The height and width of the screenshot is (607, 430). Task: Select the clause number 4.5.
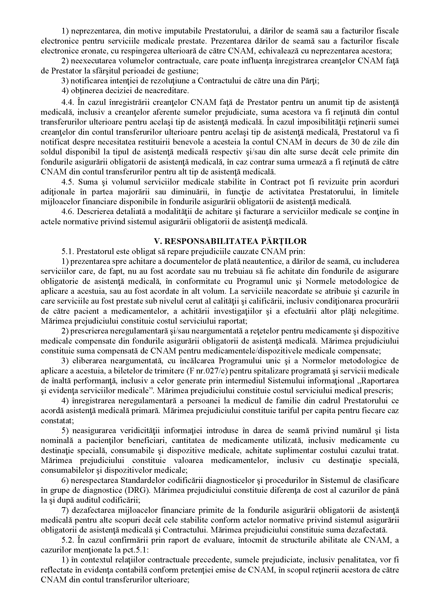[x=67, y=182]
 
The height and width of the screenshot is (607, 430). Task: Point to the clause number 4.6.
[x=67, y=212]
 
